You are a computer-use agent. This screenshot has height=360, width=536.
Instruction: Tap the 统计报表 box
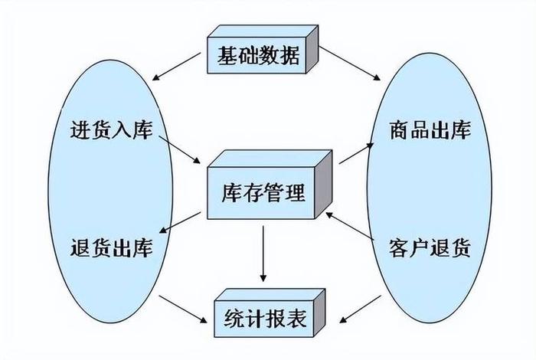tap(263, 317)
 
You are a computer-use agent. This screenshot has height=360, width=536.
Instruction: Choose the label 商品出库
tap(430, 129)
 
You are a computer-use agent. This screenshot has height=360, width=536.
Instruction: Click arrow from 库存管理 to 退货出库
tap(185, 221)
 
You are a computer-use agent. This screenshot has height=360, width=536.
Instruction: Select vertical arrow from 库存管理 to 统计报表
tap(263, 254)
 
